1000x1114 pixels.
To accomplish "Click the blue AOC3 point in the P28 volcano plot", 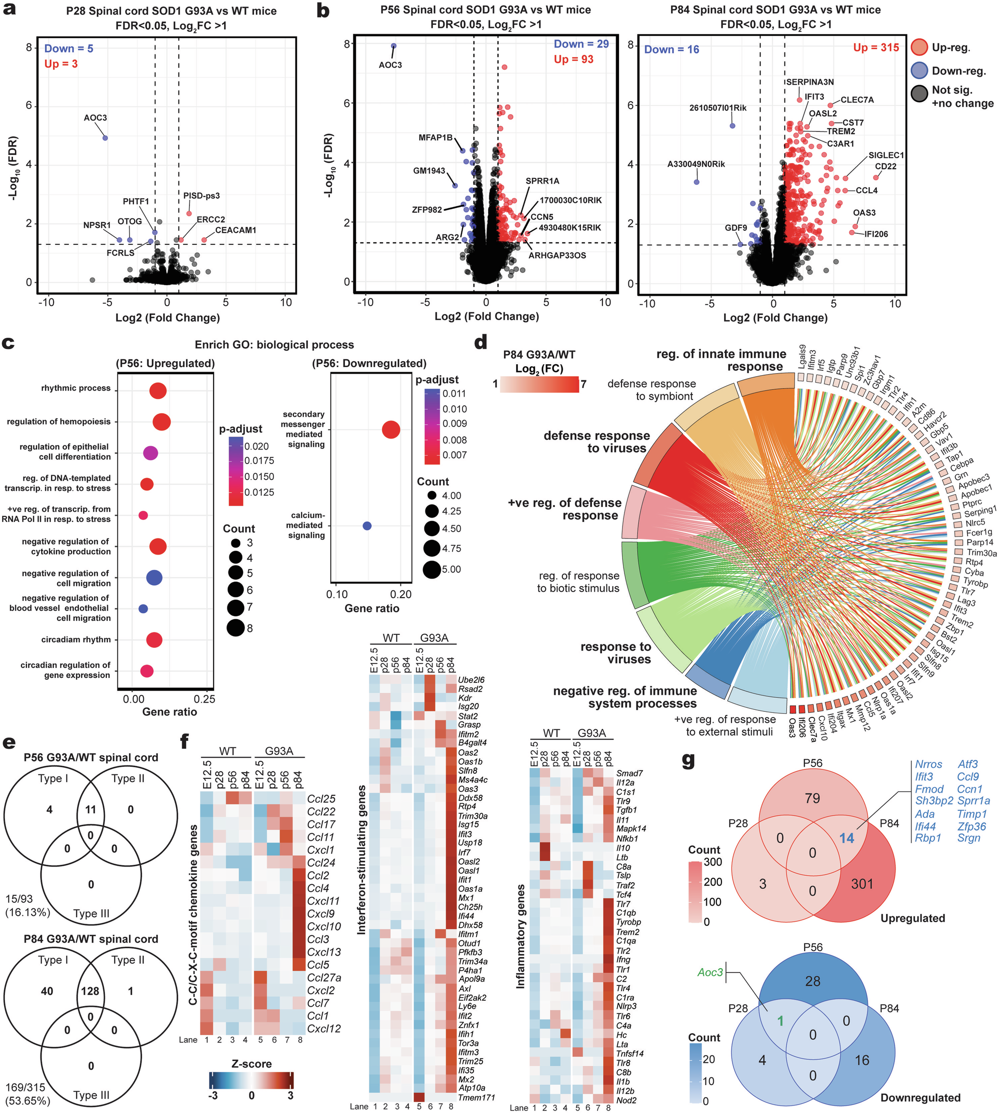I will click(105, 138).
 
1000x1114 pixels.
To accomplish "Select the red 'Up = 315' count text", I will click(876, 48).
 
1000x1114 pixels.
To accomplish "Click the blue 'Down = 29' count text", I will click(581, 44).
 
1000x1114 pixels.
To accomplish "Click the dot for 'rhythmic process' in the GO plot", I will click(157, 391).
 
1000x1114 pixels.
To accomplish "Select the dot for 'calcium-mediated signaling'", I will click(367, 526).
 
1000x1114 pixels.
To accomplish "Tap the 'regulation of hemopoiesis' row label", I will click(59, 422).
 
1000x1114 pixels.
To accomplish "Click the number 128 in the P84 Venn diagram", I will click(90, 991).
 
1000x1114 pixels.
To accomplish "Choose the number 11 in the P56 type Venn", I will click(90, 809).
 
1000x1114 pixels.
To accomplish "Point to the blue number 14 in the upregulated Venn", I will click(846, 838).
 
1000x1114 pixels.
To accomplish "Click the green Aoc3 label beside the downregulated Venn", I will click(710, 972).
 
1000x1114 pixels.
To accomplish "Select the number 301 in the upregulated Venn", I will click(862, 883).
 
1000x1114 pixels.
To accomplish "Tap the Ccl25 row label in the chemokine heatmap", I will click(321, 799).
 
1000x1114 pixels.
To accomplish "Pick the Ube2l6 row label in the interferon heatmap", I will click(471, 680).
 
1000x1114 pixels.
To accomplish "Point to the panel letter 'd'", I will click(480, 343).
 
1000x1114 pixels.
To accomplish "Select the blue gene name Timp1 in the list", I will click(972, 814).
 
